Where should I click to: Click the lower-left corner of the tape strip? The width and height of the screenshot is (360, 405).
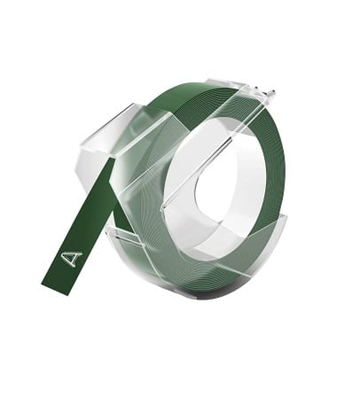(42, 285)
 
